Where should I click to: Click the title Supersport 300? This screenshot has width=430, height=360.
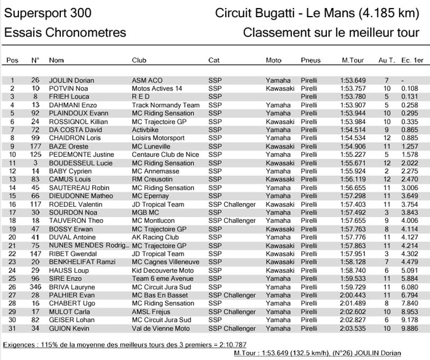tap(48, 13)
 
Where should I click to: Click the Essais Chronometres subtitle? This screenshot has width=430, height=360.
tap(65, 32)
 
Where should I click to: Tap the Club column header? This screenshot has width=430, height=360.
tap(139, 60)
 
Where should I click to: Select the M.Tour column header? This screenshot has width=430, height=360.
tap(351, 60)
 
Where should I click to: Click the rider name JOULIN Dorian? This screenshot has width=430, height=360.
tap(71, 80)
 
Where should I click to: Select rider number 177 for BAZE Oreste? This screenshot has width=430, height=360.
tap(35, 146)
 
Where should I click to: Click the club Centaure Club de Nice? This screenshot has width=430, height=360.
tap(165, 155)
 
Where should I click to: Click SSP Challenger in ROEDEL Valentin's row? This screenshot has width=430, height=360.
tap(232, 204)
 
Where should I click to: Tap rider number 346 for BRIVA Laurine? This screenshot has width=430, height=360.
tap(35, 287)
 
